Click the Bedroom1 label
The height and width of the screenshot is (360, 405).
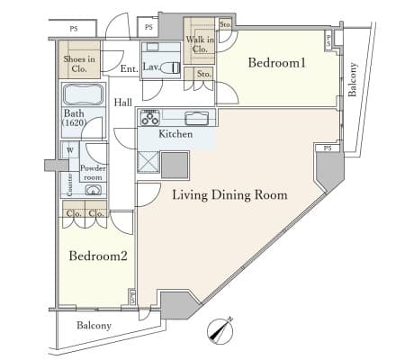tap(276, 63)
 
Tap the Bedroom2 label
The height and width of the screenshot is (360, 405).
tap(98, 256)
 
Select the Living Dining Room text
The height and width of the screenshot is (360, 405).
tap(229, 195)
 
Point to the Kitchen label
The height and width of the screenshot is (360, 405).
tap(175, 134)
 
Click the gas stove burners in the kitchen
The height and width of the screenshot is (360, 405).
tap(150, 117)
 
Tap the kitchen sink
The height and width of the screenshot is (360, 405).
tap(197, 118)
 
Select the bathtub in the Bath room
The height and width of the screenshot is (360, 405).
tap(84, 94)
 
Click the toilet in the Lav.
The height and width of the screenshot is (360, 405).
tap(170, 67)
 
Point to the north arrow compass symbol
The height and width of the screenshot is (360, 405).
tap(220, 331)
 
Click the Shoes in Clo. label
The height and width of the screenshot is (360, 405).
tap(79, 64)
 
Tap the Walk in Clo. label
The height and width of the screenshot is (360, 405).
tap(200, 44)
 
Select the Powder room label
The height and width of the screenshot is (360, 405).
tap(93, 173)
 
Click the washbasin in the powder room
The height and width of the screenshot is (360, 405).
tap(94, 190)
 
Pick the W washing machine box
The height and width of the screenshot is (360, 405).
tap(70, 150)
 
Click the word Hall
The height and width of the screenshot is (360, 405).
tap(123, 103)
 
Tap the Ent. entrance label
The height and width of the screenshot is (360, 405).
tap(130, 68)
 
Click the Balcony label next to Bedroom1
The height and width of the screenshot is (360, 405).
tap(353, 79)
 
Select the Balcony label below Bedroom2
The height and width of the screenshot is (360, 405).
tap(94, 325)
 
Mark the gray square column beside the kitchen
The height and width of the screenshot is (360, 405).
tap(175, 166)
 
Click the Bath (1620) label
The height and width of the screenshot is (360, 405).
tap(74, 118)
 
